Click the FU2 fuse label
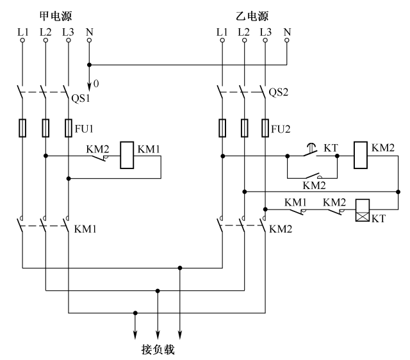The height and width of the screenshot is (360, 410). click(x=280, y=127)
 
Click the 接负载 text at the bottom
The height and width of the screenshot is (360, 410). click(x=157, y=350)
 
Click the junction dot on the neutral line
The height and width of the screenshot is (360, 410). click(x=89, y=64)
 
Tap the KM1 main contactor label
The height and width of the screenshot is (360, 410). click(x=87, y=228)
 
